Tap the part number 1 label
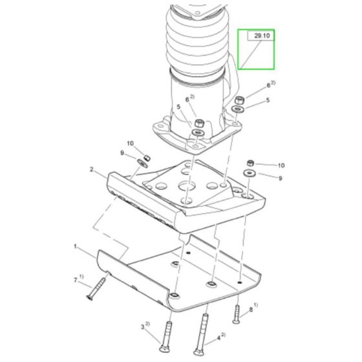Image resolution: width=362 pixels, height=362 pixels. click(76, 246)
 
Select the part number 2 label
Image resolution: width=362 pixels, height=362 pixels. click(93, 169)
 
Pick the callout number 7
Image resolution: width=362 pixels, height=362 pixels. click(76, 280)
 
